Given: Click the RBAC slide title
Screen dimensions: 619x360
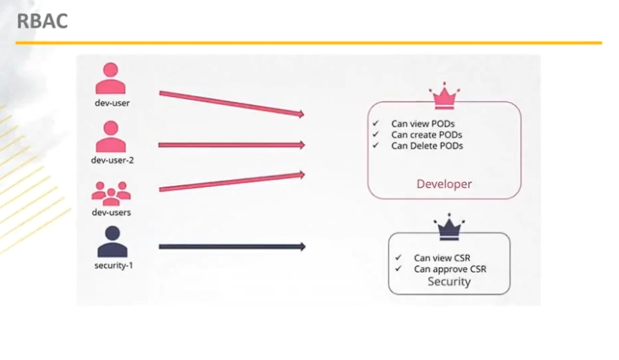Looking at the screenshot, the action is (42, 21).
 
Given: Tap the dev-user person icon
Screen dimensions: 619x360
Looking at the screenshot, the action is (111, 78).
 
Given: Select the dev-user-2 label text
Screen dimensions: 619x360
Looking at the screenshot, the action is (112, 160).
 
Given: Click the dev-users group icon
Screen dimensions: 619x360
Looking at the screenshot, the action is (111, 193).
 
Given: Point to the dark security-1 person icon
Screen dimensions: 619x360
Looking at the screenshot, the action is (113, 241).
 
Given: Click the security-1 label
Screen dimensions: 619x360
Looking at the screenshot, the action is (113, 265).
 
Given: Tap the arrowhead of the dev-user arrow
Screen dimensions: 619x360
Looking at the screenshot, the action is (302, 114).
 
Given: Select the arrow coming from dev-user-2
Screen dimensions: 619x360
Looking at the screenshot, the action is (232, 145).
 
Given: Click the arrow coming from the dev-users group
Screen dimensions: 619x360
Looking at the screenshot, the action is (232, 181).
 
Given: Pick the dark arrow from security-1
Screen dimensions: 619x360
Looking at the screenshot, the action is (232, 247).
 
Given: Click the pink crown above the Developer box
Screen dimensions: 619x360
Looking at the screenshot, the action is (444, 96).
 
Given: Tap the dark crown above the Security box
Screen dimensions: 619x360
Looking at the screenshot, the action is (449, 227).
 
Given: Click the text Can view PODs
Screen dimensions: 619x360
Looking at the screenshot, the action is (423, 124).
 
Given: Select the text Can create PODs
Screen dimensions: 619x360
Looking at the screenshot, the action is (427, 135).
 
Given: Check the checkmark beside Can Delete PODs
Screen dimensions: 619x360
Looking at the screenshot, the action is (376, 145).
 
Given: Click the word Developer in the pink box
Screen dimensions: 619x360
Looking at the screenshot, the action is (444, 183).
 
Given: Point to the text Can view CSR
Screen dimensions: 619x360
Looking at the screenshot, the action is (442, 258).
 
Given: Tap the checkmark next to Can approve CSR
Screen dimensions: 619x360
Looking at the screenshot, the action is (399, 268).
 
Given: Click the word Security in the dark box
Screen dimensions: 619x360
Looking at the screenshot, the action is (449, 281).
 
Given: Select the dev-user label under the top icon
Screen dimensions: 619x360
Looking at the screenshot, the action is (112, 103).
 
